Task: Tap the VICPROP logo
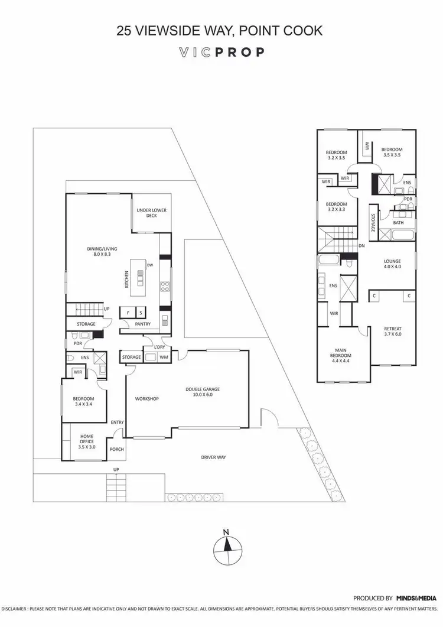coord(221,52)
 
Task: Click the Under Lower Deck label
coord(147,213)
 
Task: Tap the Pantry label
coord(142,324)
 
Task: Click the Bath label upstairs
coord(399,223)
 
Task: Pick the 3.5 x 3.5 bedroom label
coord(392,152)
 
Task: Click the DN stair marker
coord(361,246)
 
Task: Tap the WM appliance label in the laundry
coord(164,357)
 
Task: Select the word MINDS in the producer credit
coord(408,598)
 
